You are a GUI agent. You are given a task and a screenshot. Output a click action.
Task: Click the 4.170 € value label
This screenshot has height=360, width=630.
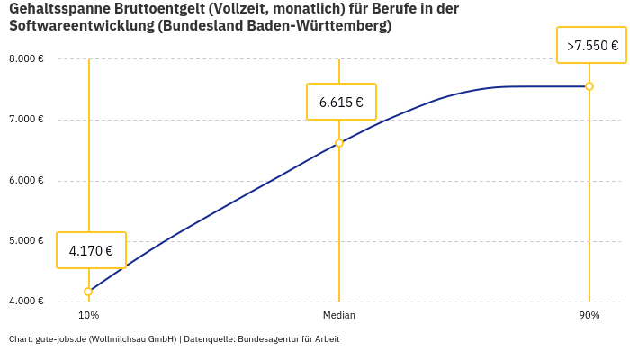(x=91, y=250)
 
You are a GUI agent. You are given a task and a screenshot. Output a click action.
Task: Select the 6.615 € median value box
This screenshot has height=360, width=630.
(x=341, y=102)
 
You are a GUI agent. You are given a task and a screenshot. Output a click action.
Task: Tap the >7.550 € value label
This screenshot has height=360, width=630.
(x=591, y=45)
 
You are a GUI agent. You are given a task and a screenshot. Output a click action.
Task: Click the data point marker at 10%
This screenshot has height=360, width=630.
(x=88, y=292)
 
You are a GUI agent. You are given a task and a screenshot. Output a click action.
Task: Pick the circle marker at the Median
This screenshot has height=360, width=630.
(x=339, y=142)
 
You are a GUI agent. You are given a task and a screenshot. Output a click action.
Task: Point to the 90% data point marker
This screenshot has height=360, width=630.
(x=589, y=86)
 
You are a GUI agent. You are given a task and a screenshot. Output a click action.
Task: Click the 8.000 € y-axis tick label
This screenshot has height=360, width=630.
(x=26, y=59)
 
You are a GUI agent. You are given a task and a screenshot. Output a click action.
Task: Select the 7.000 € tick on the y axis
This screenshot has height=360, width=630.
(x=26, y=120)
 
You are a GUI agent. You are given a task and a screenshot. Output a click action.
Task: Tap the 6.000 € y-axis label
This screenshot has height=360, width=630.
(x=26, y=180)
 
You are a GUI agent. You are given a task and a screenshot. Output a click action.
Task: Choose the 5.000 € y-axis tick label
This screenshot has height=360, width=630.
(x=26, y=240)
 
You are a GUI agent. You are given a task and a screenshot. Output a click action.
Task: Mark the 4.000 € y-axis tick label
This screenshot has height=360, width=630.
(x=26, y=301)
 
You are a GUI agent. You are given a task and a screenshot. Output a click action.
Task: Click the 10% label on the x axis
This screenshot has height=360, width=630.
(x=88, y=315)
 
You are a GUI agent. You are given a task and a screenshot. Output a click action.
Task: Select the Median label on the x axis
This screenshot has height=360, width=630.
(x=339, y=315)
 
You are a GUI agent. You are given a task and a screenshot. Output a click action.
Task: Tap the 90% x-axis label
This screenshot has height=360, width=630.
(x=589, y=315)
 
